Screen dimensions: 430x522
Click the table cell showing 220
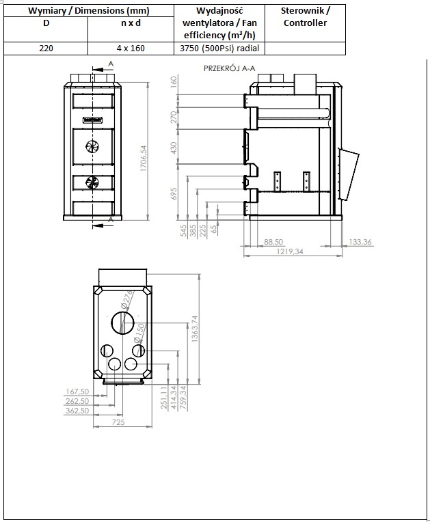tap(46, 49)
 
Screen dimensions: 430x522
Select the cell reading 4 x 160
tap(131, 49)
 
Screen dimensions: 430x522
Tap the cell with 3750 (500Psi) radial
tap(219, 49)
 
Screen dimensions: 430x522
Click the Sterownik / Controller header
tap(305, 16)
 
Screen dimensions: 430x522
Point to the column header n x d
tap(131, 23)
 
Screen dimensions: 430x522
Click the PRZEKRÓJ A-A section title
tap(230, 68)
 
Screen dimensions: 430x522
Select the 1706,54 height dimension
tap(144, 159)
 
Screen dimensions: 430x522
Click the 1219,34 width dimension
tap(290, 251)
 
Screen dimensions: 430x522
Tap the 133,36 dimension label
tap(360, 242)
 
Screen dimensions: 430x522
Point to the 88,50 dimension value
tap(273, 242)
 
